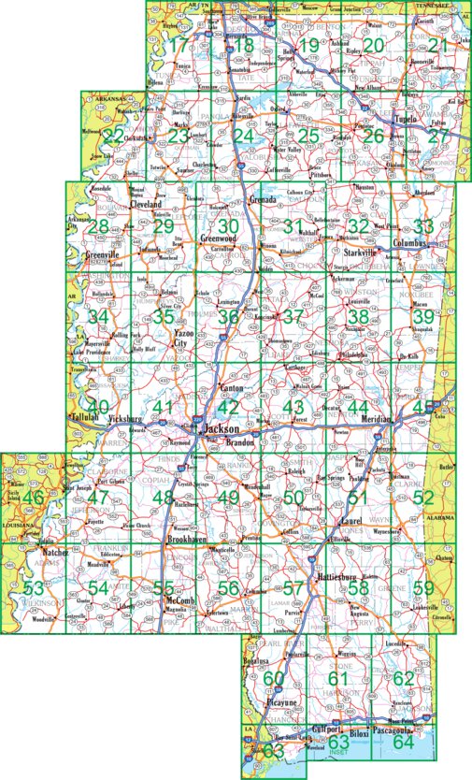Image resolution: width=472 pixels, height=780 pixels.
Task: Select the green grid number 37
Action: (293, 317)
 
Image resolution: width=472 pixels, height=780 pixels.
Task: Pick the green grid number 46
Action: (34, 498)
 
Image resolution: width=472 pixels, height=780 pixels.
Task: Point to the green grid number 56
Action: (229, 587)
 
